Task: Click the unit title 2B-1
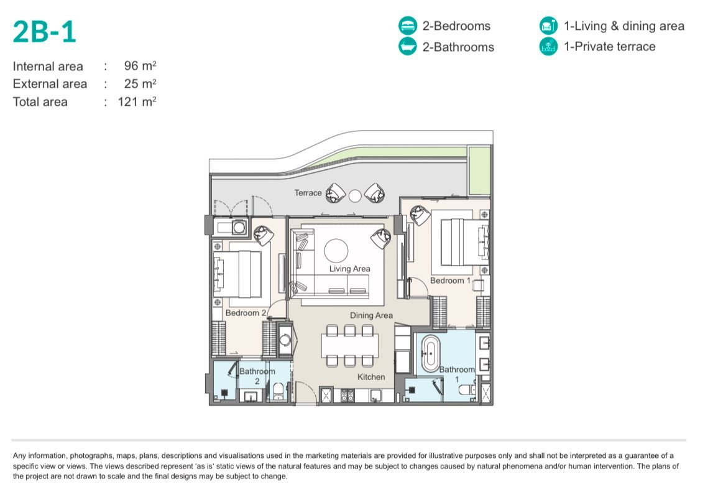click(44, 32)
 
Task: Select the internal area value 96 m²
click(139, 66)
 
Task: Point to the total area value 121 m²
click(136, 101)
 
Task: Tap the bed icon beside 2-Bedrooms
click(407, 26)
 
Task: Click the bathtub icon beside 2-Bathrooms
click(407, 47)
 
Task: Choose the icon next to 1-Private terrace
click(548, 47)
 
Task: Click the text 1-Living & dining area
click(623, 26)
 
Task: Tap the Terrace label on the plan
click(308, 193)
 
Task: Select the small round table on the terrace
click(355, 195)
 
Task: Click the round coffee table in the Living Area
click(336, 251)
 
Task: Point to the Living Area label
click(349, 269)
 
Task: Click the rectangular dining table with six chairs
click(349, 346)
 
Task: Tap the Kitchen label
click(371, 377)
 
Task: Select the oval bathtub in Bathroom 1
click(430, 353)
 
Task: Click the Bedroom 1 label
click(451, 281)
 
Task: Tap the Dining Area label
click(371, 315)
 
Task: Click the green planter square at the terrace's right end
click(479, 170)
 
